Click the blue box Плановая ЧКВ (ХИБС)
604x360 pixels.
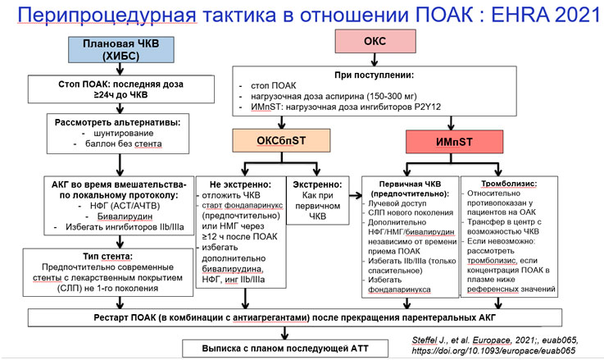tap(121, 50)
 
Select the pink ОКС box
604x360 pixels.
tap(375, 41)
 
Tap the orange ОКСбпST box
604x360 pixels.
tap(281, 141)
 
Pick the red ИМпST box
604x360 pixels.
tap(454, 142)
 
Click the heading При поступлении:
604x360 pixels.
tap(374, 75)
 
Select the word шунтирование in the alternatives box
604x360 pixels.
tap(123, 134)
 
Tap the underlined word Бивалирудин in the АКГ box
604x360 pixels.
tap(125, 216)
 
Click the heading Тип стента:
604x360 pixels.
tap(107, 257)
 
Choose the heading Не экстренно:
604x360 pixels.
tap(240, 185)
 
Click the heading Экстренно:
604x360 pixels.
tap(317, 185)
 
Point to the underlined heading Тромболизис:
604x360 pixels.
tap(509, 184)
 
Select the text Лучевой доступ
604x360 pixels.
tap(397, 203)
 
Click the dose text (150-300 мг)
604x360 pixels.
tap(392, 97)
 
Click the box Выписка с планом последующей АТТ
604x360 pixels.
tap(285, 349)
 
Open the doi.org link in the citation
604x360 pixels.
tap(493, 351)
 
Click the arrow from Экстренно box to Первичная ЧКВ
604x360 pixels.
tap(356, 196)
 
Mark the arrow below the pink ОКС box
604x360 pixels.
tap(374, 59)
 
